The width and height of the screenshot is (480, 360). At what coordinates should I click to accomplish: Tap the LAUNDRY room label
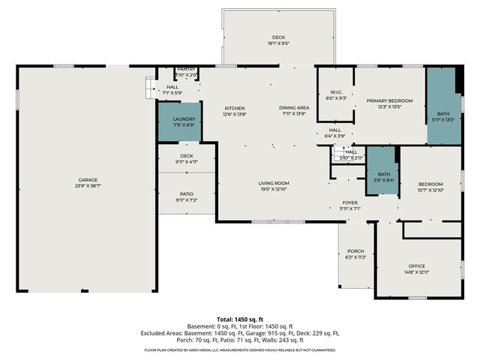click(184, 119)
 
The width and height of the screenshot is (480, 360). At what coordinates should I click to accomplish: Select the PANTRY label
click(187, 69)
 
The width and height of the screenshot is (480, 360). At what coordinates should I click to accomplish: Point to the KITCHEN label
click(235, 109)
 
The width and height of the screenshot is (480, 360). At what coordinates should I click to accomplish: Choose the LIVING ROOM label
click(274, 183)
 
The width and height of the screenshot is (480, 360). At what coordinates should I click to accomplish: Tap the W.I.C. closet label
click(336, 93)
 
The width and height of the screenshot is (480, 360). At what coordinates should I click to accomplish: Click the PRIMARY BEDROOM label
click(389, 100)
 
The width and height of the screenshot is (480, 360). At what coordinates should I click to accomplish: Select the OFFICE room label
click(417, 266)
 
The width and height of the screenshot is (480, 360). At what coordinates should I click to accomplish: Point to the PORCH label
click(355, 251)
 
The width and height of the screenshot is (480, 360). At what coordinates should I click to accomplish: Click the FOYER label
click(351, 202)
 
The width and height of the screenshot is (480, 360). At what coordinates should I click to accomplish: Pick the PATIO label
click(187, 194)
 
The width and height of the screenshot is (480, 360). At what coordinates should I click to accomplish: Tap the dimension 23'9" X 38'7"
click(88, 186)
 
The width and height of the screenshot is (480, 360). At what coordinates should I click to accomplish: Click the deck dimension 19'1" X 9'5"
click(278, 43)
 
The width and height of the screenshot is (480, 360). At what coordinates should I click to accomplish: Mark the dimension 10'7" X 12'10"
click(430, 190)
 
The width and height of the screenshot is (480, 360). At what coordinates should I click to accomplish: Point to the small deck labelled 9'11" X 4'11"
click(187, 159)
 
